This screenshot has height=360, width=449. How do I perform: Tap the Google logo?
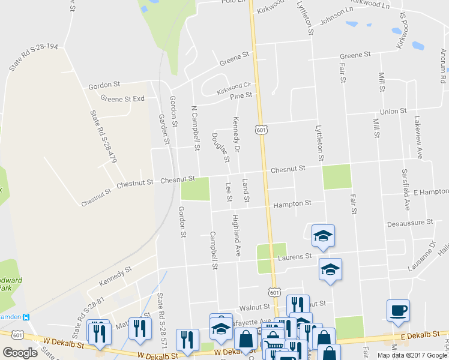[x=20, y=353]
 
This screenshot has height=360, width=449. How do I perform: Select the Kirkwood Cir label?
[x=235, y=89]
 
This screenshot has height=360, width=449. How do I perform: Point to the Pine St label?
[x=241, y=96]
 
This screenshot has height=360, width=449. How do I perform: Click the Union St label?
[x=394, y=112]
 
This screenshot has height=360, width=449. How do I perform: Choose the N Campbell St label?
[x=194, y=128]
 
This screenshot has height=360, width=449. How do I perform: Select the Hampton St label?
[x=292, y=204]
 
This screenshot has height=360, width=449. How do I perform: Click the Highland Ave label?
[x=237, y=235]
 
